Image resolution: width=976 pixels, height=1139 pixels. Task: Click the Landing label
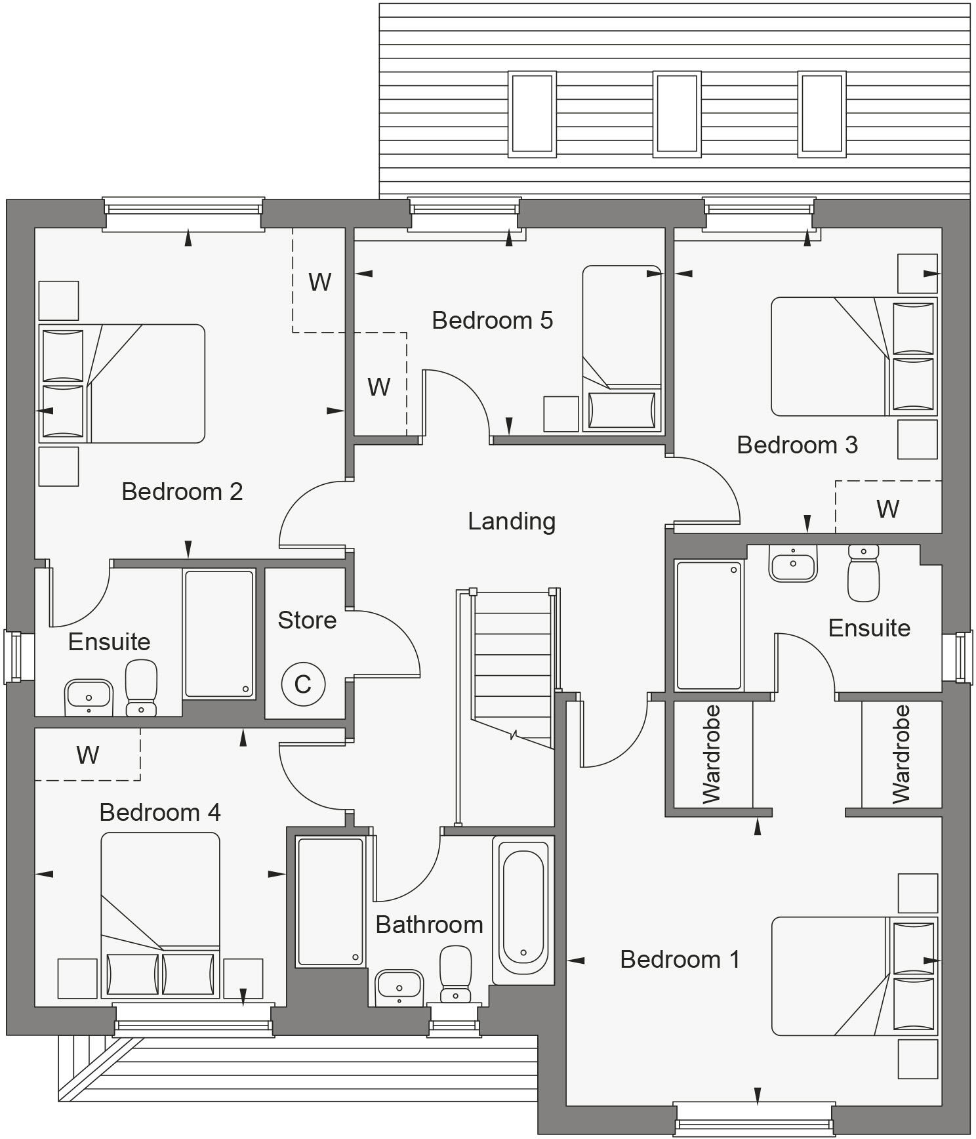coord(512,522)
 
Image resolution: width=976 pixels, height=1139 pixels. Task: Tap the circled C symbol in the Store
coord(303,684)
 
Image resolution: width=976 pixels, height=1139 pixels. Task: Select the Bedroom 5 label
coord(492,320)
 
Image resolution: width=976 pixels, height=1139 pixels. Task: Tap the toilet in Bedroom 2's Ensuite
coord(141,688)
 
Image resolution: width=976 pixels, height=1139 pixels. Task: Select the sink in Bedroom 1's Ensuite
coord(793,564)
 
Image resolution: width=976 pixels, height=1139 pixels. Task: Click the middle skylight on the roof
coord(677,114)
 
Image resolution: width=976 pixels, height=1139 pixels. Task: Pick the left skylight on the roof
coord(532,114)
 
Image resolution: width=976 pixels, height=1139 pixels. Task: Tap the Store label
coord(307,620)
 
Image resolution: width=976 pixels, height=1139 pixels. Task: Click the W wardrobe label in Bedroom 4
coord(87,755)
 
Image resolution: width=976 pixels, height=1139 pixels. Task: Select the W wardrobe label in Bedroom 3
coord(887,508)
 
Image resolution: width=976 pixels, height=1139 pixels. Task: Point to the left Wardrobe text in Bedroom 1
coord(712,755)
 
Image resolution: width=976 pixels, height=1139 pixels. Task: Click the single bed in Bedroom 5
coord(622,348)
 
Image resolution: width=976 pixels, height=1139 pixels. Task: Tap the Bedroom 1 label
coord(680,959)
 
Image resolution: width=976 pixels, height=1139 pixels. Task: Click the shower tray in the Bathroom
coord(331,901)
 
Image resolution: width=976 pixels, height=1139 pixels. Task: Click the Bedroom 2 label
coord(182,491)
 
